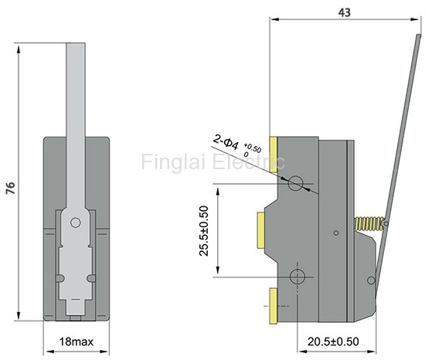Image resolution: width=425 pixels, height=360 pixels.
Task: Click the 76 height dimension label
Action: [x=11, y=188]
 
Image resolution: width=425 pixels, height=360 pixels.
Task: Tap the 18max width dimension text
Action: [x=76, y=342]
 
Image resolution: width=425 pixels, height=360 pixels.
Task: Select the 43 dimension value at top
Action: [x=344, y=12]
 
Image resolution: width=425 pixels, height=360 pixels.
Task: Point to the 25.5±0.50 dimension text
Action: [x=204, y=231]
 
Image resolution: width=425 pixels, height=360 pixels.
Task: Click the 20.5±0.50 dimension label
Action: [x=333, y=341]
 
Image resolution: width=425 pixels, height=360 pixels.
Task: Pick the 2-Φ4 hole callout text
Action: [x=226, y=142]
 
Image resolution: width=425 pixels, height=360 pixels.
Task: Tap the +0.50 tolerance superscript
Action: [x=253, y=148]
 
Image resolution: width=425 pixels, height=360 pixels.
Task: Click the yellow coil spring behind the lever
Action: [x=369, y=223]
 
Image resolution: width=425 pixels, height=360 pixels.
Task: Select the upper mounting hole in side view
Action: [x=295, y=183]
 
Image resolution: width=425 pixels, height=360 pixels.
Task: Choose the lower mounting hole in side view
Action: [x=297, y=277]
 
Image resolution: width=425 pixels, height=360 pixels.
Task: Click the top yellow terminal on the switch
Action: [x=274, y=155]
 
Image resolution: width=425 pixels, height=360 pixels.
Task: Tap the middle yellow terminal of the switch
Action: [x=261, y=230]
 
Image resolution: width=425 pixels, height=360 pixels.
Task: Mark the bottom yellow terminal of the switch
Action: [x=274, y=306]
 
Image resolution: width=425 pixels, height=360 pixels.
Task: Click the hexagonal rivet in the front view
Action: [x=76, y=222]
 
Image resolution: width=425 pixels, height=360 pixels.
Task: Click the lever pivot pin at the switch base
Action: [x=371, y=280]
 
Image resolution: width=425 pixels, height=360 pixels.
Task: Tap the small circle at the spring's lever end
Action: [x=386, y=223]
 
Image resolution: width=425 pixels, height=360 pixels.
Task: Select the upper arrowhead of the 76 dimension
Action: [x=19, y=49]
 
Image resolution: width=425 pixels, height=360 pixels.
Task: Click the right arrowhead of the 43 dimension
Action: [x=414, y=19]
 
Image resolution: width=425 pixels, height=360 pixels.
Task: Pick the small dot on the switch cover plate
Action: [x=336, y=233]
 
